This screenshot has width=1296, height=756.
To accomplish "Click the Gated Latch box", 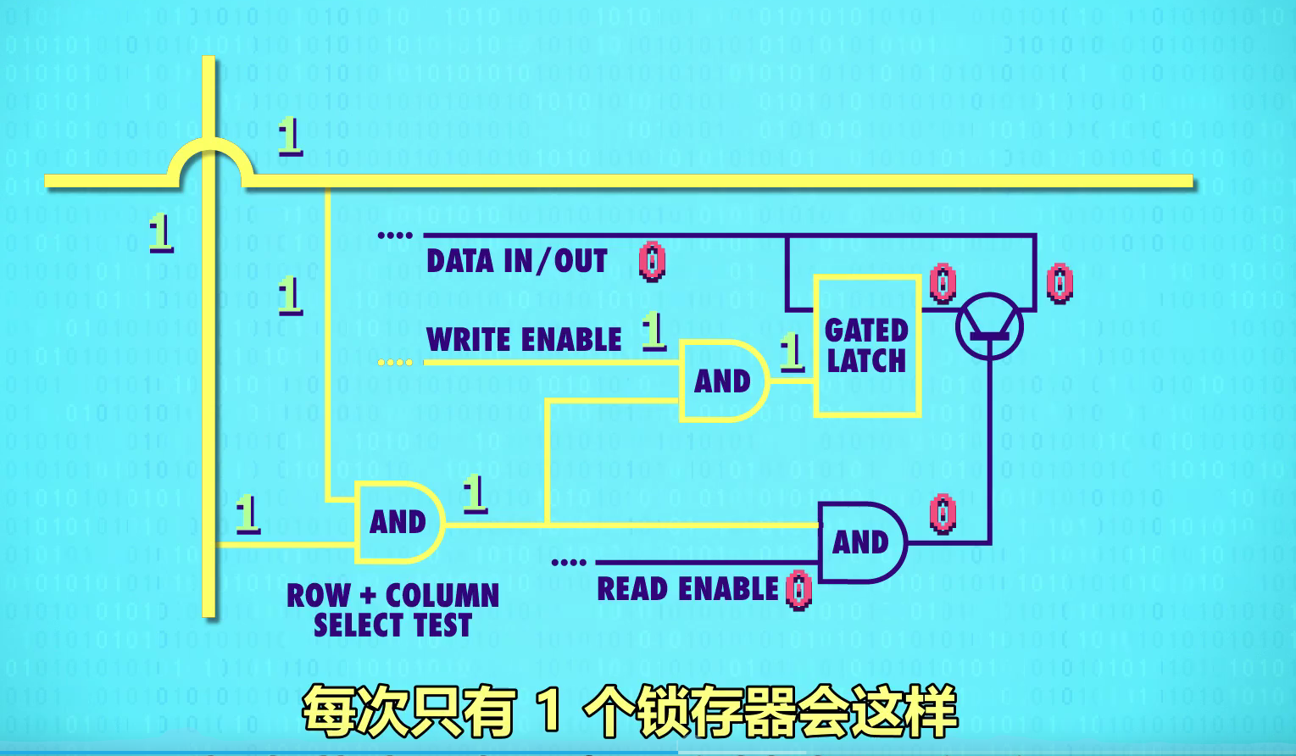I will pyautogui.click(x=867, y=346).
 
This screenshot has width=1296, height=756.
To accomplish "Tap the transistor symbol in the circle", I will pyautogui.click(x=989, y=326).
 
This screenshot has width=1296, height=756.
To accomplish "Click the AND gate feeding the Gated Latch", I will pyautogui.click(x=722, y=381).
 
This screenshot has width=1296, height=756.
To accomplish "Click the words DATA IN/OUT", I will pyautogui.click(x=517, y=261).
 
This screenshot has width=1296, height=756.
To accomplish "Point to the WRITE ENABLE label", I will pyautogui.click(x=524, y=340).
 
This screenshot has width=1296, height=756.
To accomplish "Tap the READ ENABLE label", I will pyautogui.click(x=687, y=589).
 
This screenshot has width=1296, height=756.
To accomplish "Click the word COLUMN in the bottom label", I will pyautogui.click(x=442, y=596).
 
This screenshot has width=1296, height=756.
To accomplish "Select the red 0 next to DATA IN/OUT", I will pyautogui.click(x=652, y=261).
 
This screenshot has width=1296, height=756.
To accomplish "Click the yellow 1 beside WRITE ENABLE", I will pyautogui.click(x=653, y=331).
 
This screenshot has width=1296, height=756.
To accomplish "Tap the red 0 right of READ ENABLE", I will pyautogui.click(x=798, y=590).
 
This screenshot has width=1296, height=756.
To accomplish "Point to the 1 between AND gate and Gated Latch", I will pyautogui.click(x=792, y=351).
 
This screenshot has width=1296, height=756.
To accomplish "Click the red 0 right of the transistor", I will pyautogui.click(x=1060, y=283).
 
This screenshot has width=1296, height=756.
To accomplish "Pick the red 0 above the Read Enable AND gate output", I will pyautogui.click(x=943, y=514).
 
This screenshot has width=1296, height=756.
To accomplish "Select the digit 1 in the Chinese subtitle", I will pyautogui.click(x=549, y=710).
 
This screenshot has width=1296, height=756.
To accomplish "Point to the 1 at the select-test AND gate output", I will pyautogui.click(x=475, y=493).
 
